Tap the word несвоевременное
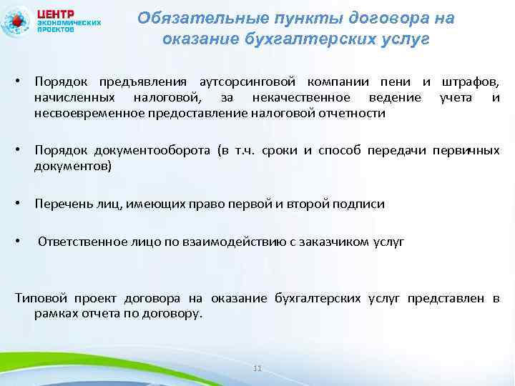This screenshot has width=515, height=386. pyautogui.click(x=88, y=112)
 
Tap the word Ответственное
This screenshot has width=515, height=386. pyautogui.click(x=77, y=242)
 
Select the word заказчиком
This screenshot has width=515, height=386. pyautogui.click(x=335, y=242)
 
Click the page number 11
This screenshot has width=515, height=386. pyautogui.click(x=258, y=368)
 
